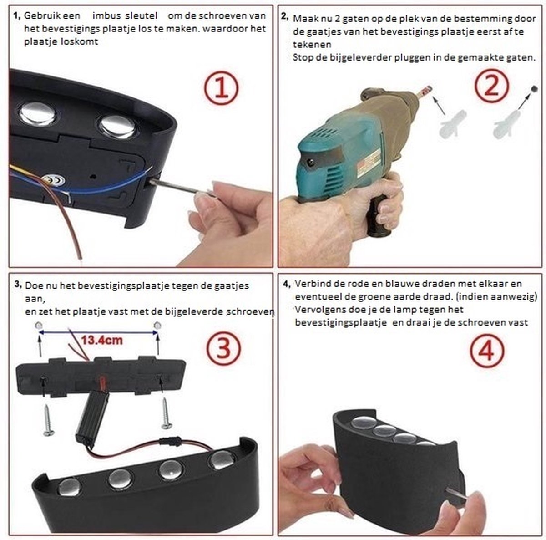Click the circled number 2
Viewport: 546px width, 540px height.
coord(492,85)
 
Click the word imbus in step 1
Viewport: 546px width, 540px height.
coord(106,16)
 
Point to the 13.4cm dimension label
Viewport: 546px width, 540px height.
coord(102,340)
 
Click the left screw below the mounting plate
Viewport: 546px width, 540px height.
coord(48,420)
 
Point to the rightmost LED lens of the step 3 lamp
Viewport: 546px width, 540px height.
coord(223,459)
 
